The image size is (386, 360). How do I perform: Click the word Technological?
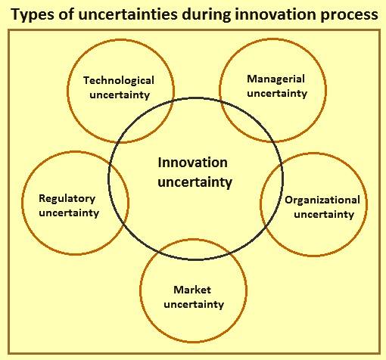click(x=119, y=81)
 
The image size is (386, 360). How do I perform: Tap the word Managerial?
click(x=275, y=79)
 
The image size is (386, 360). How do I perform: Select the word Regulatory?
click(x=67, y=199)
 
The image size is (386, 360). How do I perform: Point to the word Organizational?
click(x=322, y=200)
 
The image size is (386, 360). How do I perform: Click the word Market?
click(x=192, y=290)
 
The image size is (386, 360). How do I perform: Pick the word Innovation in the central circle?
click(x=192, y=163)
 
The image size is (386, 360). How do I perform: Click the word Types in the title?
click(x=33, y=14)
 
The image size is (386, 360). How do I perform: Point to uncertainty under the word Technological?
click(x=120, y=95)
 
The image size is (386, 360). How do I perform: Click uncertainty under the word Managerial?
click(x=277, y=94)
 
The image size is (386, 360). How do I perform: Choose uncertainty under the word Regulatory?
click(x=69, y=213)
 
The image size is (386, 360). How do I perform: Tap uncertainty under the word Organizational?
click(x=324, y=215)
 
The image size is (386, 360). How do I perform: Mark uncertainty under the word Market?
click(x=194, y=304)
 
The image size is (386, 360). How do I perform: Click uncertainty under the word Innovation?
click(x=195, y=182)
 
